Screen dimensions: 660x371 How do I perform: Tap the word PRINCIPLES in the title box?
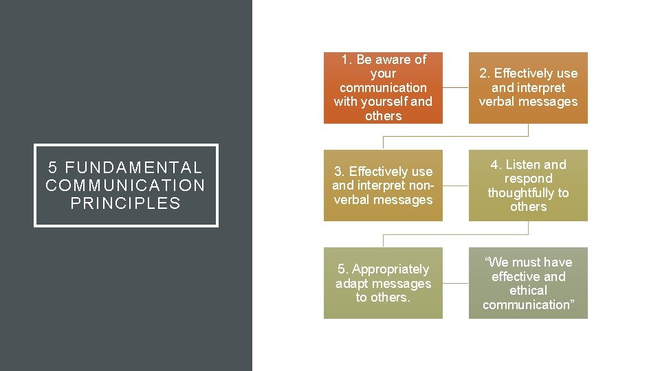(x=126, y=203)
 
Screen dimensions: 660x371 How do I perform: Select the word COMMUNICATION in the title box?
(x=126, y=185)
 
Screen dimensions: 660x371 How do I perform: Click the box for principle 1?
(x=383, y=88)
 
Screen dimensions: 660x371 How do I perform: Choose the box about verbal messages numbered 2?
(x=528, y=88)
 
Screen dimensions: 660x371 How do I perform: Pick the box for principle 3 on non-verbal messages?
(x=383, y=185)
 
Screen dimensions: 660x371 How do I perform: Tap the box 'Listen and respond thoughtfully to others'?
(x=528, y=185)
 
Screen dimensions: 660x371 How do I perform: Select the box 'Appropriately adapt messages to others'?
(x=383, y=283)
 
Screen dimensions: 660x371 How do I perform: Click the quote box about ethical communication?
(x=528, y=283)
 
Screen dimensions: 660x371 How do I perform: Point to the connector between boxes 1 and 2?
(x=456, y=88)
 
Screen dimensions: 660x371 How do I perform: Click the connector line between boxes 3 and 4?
(x=456, y=185)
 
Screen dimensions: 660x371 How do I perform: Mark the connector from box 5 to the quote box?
(x=456, y=283)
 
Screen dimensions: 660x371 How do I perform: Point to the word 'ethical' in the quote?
(x=528, y=291)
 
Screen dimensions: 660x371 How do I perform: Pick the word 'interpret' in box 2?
(x=539, y=88)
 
